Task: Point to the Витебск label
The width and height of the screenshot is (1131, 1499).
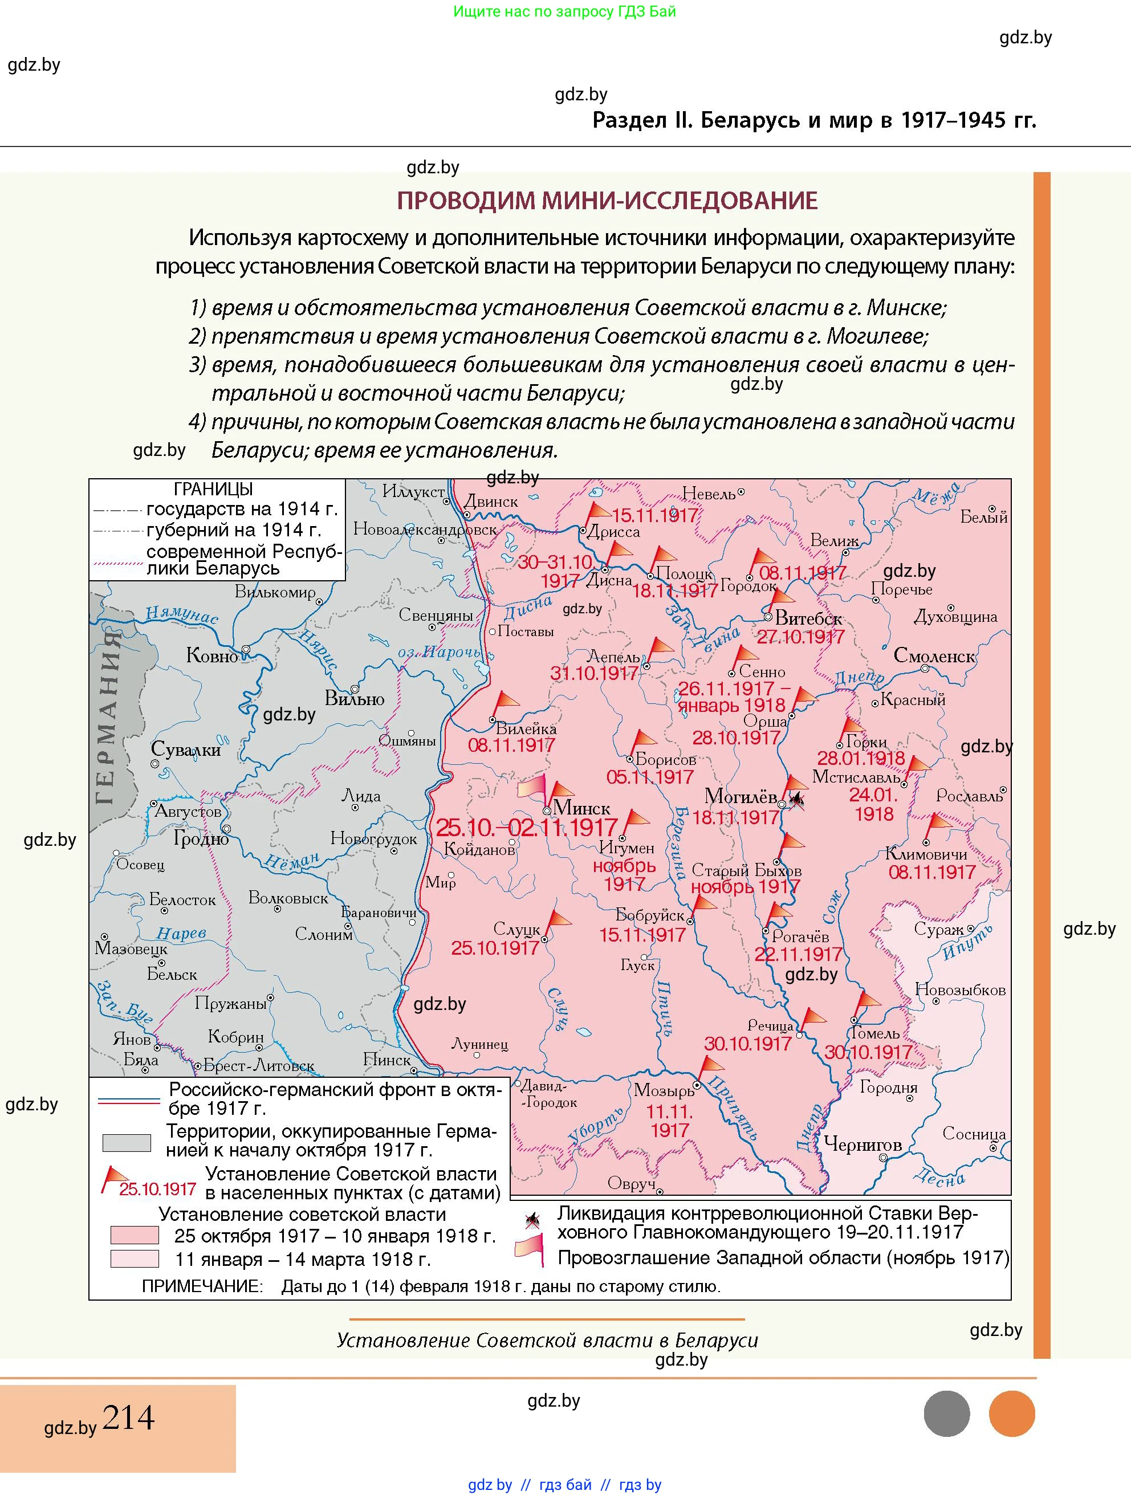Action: click(808, 618)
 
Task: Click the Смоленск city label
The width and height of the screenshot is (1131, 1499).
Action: click(934, 655)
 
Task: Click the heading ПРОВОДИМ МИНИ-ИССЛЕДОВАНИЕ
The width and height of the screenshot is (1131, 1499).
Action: click(607, 201)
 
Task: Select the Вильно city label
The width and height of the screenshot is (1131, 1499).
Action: click(355, 698)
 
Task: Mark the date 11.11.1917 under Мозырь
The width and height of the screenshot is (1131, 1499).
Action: click(669, 1122)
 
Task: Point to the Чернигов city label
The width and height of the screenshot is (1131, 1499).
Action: click(862, 1144)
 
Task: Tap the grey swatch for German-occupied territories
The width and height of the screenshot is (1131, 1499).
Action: click(126, 1143)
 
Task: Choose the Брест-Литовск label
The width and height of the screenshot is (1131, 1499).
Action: click(258, 1066)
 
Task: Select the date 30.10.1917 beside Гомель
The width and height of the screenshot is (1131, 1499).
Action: click(868, 1052)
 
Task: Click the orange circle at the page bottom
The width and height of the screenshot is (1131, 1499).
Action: click(1012, 1414)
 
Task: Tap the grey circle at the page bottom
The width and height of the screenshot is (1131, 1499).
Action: click(947, 1414)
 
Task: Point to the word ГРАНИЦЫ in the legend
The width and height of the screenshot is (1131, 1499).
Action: click(213, 488)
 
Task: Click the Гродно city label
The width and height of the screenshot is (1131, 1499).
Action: click(201, 838)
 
